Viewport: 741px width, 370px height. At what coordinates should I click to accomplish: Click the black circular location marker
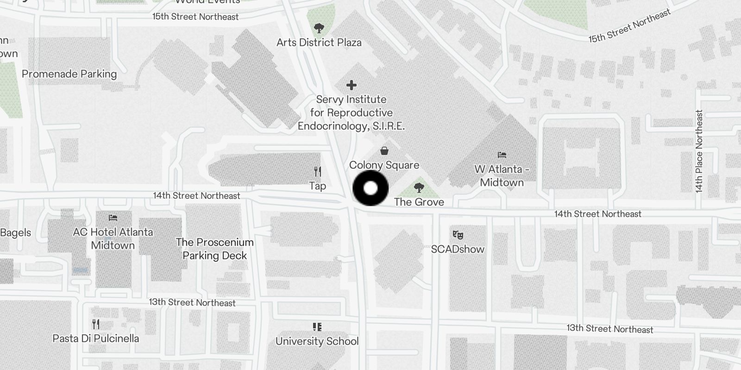(370, 188)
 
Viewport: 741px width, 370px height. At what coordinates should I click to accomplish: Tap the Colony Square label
(384, 165)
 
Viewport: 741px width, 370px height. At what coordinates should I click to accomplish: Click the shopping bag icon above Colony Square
(384, 151)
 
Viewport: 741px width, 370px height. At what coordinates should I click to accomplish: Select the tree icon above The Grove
(419, 188)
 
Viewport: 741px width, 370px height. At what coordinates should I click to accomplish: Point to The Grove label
(419, 202)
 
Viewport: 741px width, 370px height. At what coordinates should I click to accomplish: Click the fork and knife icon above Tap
(318, 172)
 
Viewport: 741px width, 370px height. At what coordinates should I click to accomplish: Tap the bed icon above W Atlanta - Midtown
(502, 155)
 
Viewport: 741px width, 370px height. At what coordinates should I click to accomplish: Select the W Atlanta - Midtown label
(502, 176)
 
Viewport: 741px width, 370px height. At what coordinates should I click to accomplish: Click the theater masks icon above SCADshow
(458, 235)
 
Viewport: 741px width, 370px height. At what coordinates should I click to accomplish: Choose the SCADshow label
(458, 249)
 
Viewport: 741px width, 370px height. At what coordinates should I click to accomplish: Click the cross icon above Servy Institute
(352, 85)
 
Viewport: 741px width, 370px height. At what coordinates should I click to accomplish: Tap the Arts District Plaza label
(319, 43)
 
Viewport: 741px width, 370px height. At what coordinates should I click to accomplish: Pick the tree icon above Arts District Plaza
(319, 28)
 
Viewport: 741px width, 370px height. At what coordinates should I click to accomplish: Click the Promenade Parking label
(69, 74)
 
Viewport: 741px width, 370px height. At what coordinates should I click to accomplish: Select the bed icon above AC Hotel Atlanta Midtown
(113, 218)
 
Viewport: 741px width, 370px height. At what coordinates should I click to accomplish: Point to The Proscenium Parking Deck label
(214, 249)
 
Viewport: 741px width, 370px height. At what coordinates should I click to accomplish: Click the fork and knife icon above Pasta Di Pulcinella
(96, 324)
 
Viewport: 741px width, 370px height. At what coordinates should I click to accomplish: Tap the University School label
(317, 341)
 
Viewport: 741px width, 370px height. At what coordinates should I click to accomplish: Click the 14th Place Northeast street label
(699, 151)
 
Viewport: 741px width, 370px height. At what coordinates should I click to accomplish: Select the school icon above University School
(317, 327)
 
